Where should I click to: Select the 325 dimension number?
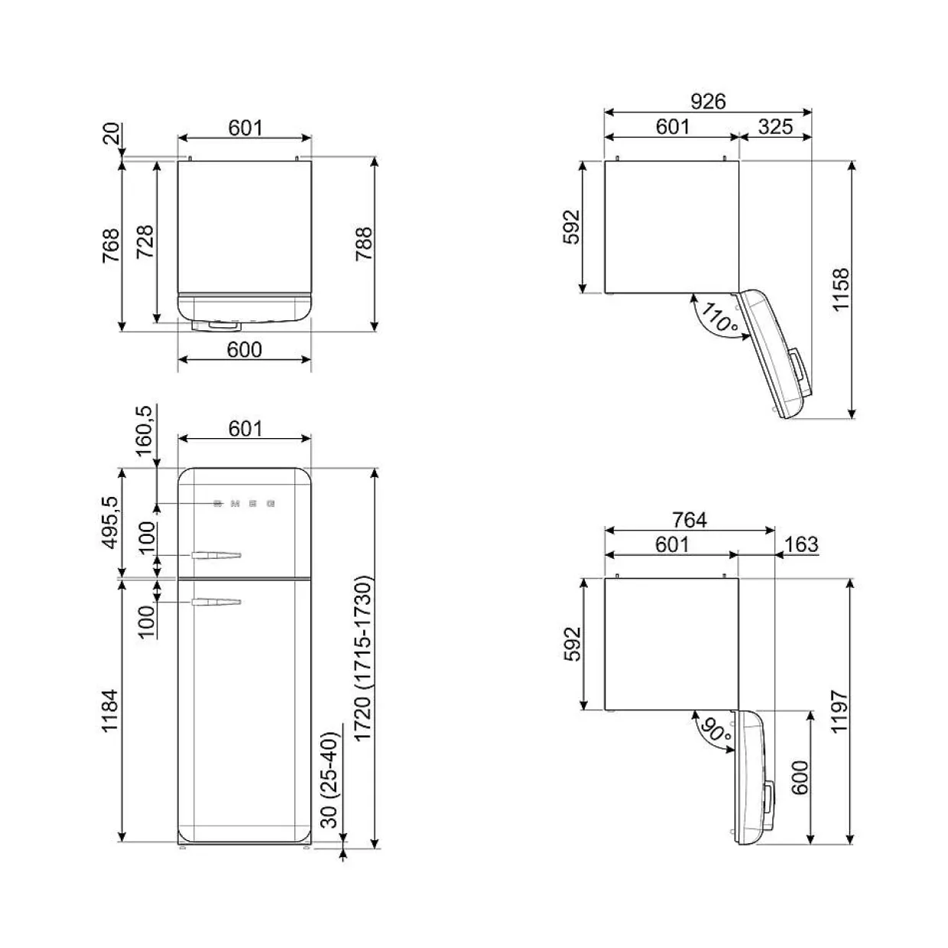[x=775, y=126]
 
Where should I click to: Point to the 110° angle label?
[x=719, y=318]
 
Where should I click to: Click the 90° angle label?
[x=716, y=731]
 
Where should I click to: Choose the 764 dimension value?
[x=690, y=520]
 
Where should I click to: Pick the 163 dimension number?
[x=801, y=544]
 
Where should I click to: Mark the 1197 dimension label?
[x=839, y=712]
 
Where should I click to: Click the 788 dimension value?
[x=364, y=245]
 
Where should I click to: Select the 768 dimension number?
[x=111, y=245]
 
